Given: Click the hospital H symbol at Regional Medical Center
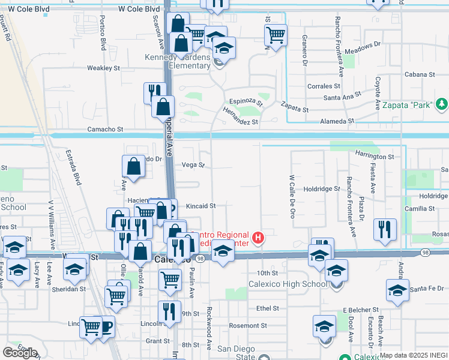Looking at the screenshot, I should pos(258,239).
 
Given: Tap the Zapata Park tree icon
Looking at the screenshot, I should pos(442,104).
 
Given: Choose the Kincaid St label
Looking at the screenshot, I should pos(200,206).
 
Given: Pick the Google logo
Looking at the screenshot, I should pos(20,352).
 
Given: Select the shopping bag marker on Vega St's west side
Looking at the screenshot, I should pos(133,167).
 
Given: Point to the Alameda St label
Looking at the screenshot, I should pos(337,121).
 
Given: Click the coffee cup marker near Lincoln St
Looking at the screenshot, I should pos(106,326).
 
